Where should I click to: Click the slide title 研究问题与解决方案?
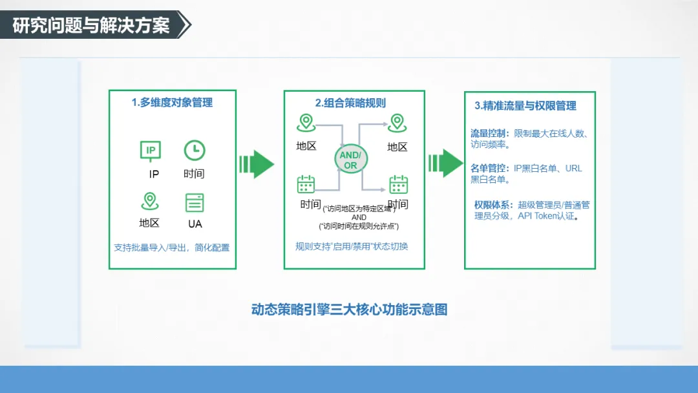coord(91,25)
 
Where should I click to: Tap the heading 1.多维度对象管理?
coord(172,102)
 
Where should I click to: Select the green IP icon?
coord(151,151)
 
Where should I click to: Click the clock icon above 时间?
coord(194,151)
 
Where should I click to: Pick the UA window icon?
coord(195,202)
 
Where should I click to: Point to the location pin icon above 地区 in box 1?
coord(150,201)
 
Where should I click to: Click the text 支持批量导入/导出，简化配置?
coord(172,248)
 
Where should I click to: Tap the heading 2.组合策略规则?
coord(350,103)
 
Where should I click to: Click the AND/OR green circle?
coord(350,160)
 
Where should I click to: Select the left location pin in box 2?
coord(305,123)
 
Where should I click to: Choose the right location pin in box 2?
coord(396,123)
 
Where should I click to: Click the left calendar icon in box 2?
coord(306,184)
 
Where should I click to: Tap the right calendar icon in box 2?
coord(398,185)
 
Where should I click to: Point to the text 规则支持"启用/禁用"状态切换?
coord(352,246)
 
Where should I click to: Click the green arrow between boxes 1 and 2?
coord(257,164)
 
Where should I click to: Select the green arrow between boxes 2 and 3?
coord(445,164)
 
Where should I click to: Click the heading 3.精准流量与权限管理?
coord(525,106)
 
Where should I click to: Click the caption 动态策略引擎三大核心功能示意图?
coord(349,310)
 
